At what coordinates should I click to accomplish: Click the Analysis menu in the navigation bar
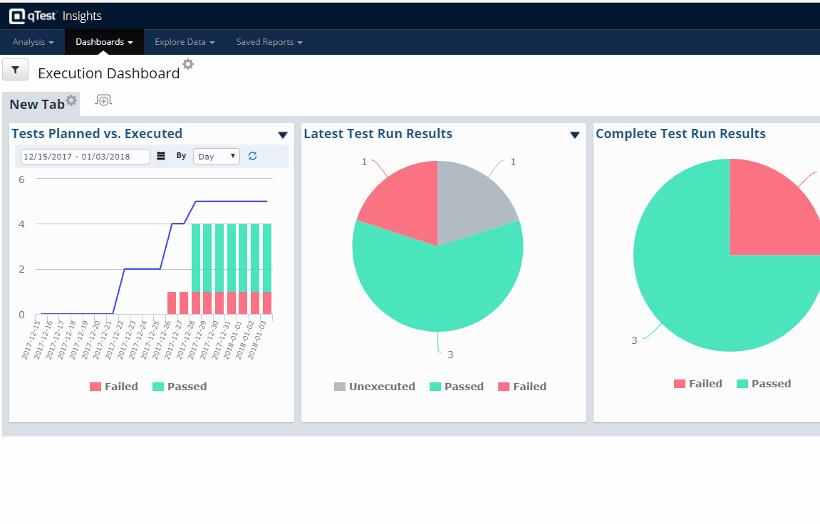pos(33,42)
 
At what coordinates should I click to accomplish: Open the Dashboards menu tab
pos(104,42)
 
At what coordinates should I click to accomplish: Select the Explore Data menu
pos(185,42)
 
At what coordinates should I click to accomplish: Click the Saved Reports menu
pos(269,42)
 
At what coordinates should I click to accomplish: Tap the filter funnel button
pos(16,70)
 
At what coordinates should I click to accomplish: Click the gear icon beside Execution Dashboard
pos(188,64)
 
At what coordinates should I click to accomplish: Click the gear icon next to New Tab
pos(71,100)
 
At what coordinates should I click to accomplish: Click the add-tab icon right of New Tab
pos(104,100)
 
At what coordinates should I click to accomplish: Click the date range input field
pos(85,157)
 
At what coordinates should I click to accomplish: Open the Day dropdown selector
pos(217,157)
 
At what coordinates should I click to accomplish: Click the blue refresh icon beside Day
pos(253,156)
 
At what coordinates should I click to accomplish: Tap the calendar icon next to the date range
pos(161,157)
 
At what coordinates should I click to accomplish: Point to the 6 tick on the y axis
pos(21,179)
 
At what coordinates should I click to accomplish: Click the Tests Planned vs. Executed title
pos(97,134)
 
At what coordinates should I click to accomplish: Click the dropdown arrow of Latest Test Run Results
pos(575,135)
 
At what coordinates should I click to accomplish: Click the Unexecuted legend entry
pos(375,387)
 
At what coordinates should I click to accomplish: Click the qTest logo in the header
pos(34,16)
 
